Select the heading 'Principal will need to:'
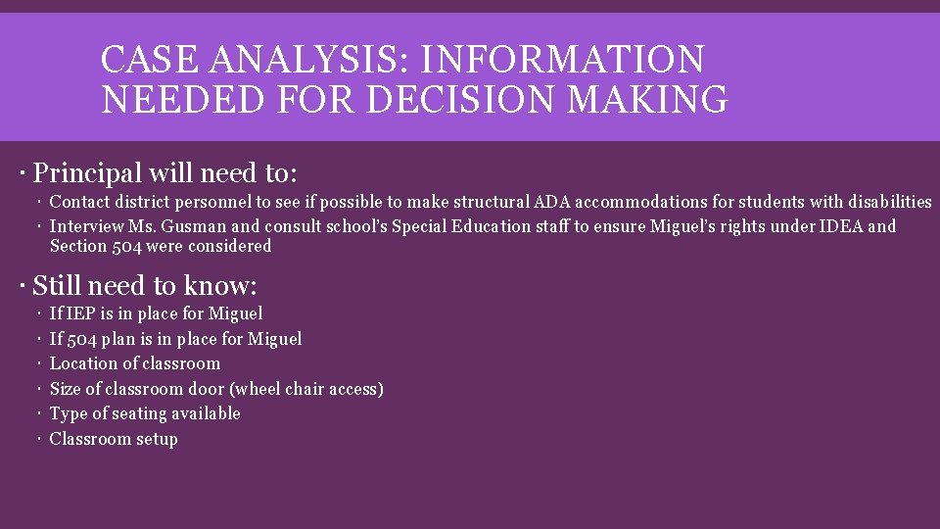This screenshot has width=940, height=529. click(x=164, y=173)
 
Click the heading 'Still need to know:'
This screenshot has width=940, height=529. click(x=145, y=286)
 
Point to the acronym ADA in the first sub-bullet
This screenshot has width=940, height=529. click(x=552, y=202)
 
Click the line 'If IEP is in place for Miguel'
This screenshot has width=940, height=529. click(x=156, y=313)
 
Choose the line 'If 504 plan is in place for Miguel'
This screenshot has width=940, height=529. click(x=175, y=339)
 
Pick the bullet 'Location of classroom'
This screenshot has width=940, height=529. click(x=135, y=363)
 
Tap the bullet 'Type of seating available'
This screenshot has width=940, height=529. click(x=145, y=413)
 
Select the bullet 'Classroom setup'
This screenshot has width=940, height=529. click(x=114, y=439)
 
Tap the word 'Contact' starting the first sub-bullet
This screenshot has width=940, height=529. click(x=80, y=202)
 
